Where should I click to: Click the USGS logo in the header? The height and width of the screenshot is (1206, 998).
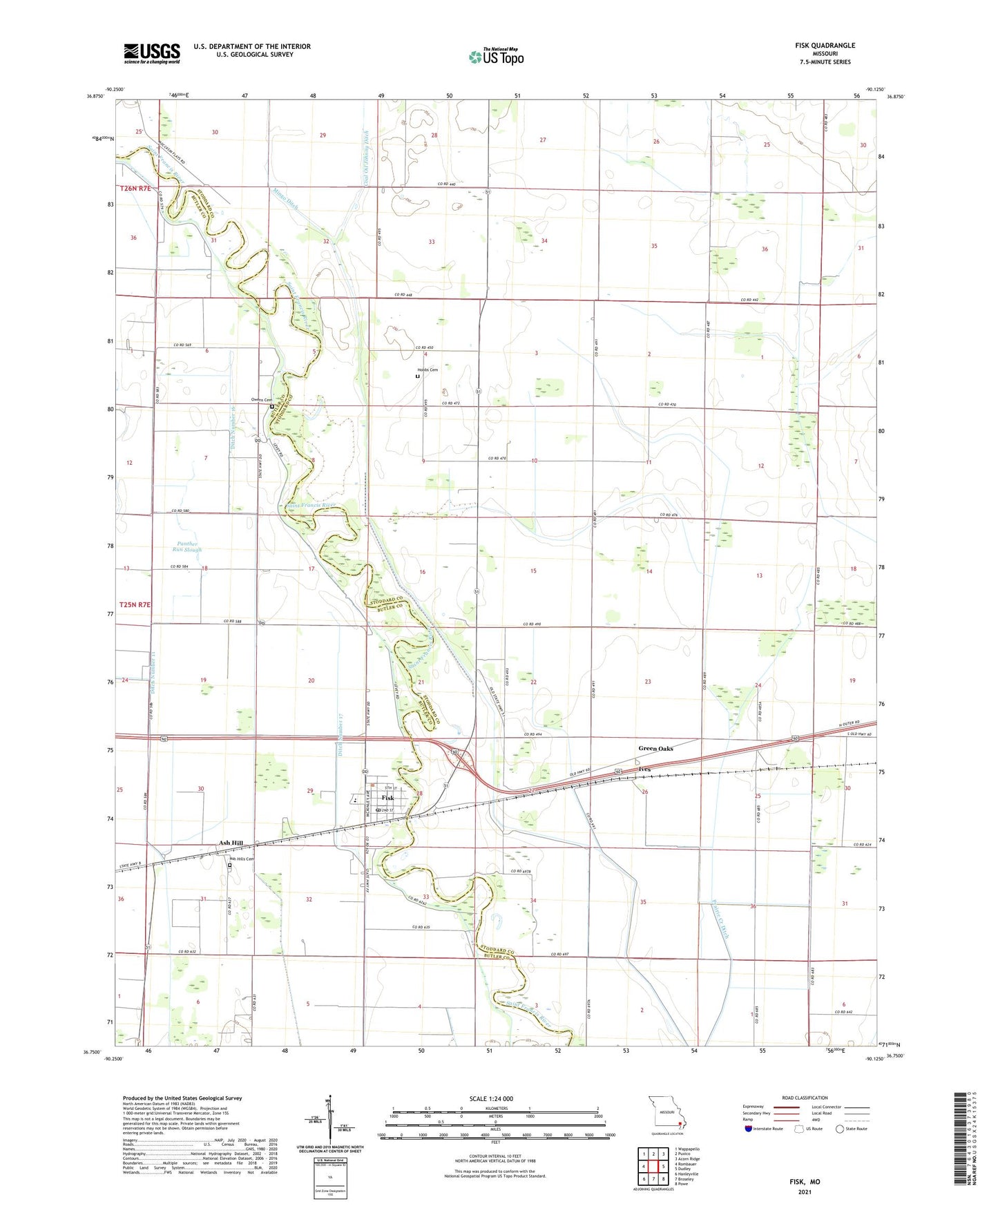[152, 53]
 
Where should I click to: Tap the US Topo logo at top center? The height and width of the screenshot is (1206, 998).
[495, 57]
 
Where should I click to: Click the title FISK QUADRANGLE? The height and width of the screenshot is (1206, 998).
[825, 46]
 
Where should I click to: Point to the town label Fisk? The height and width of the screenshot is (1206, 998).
[387, 798]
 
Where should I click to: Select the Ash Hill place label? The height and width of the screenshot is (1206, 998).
[231, 843]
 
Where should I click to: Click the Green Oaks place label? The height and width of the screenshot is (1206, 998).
[655, 749]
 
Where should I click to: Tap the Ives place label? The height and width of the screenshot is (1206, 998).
[644, 769]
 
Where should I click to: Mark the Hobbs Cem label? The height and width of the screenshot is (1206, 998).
[428, 370]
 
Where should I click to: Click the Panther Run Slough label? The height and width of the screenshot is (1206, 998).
[188, 547]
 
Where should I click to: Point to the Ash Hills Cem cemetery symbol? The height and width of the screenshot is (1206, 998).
[230, 865]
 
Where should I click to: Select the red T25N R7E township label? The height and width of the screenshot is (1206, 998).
[135, 604]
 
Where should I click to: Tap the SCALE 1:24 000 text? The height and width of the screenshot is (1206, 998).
[491, 1099]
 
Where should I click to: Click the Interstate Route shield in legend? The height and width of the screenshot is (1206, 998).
[749, 1129]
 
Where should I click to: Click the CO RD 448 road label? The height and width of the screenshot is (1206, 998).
[405, 295]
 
